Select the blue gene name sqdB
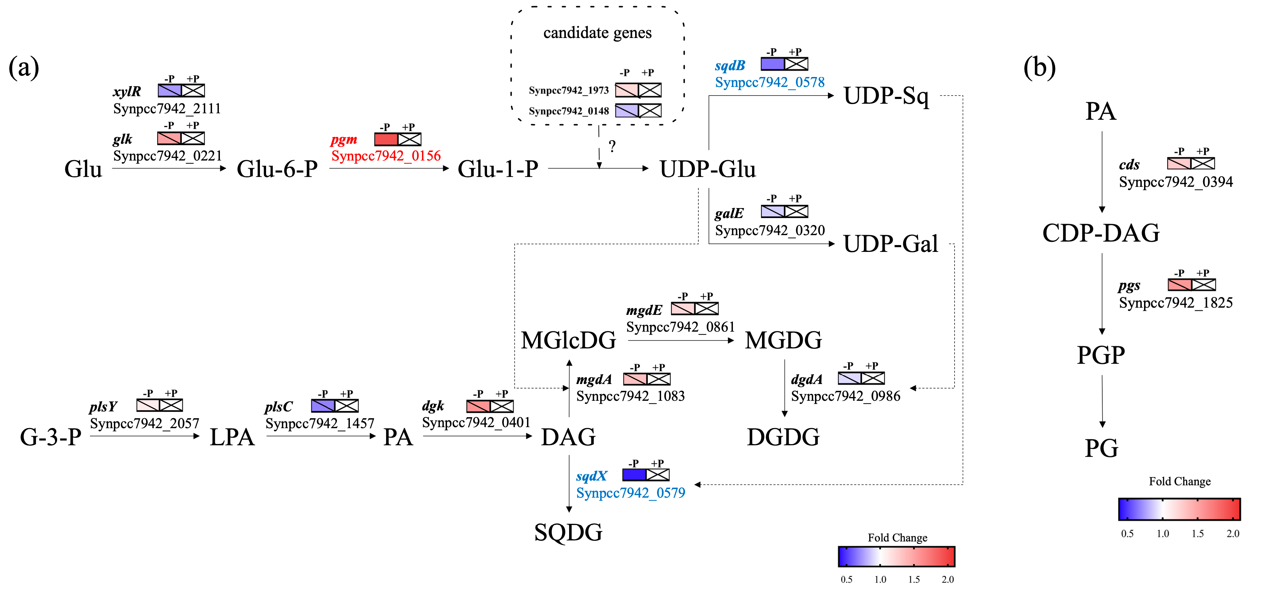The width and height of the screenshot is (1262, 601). pyautogui.click(x=729, y=66)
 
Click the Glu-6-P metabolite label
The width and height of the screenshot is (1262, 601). pyautogui.click(x=277, y=169)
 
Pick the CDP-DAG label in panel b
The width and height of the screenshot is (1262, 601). pyautogui.click(x=1101, y=233)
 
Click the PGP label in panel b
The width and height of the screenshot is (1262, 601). pyautogui.click(x=1101, y=355)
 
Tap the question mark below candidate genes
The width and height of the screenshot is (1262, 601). pyautogui.click(x=612, y=146)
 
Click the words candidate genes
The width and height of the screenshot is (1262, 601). pyautogui.click(x=597, y=33)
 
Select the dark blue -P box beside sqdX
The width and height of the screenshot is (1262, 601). pyautogui.click(x=634, y=474)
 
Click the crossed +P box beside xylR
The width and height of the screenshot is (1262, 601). pyautogui.click(x=193, y=91)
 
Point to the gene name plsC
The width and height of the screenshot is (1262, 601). pyautogui.click(x=278, y=407)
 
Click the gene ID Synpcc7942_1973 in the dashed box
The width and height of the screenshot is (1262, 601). pyautogui.click(x=568, y=91)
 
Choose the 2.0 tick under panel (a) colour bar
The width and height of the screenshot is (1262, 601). pyautogui.click(x=947, y=579)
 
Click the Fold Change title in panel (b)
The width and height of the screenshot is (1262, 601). pyautogui.click(x=1179, y=482)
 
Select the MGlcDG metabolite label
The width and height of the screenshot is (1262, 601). pyautogui.click(x=568, y=341)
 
